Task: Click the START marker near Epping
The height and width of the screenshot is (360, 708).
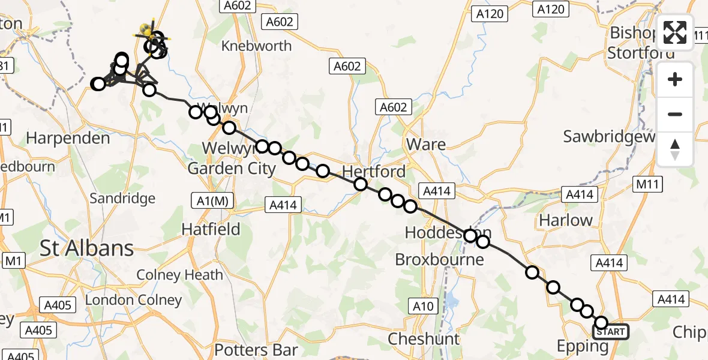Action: [611, 332]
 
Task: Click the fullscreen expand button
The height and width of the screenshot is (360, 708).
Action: [675, 32]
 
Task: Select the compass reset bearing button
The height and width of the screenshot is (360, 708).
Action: [675, 149]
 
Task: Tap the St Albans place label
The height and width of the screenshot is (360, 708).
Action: [87, 248]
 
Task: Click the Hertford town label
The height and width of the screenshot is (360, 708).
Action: [375, 171]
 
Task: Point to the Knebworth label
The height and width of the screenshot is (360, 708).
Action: [256, 46]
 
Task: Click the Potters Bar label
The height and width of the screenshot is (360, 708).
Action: [256, 350]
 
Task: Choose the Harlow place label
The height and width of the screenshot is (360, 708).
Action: [566, 220]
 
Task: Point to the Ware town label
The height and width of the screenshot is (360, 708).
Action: [426, 144]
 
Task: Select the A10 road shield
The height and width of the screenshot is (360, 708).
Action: [423, 307]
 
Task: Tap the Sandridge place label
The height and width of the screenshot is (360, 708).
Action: [122, 198]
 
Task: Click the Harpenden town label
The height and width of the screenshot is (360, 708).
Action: [68, 138]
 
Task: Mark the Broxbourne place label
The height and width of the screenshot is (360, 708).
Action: [439, 259]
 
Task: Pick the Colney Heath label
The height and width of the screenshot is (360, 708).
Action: [180, 275]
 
